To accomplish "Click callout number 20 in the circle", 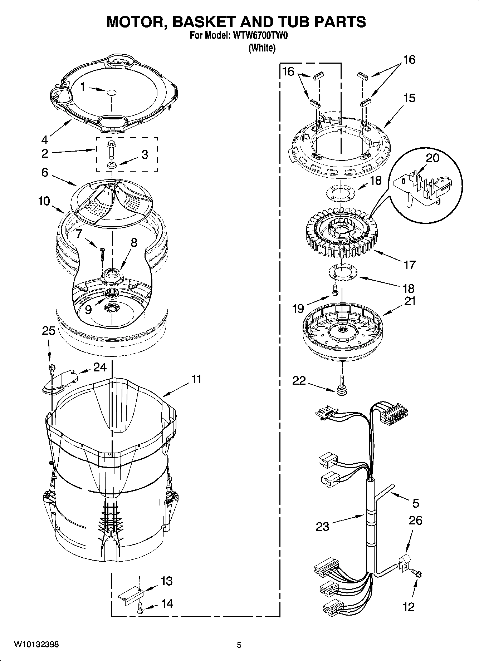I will click(x=432, y=158).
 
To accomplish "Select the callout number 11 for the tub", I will click(x=196, y=379).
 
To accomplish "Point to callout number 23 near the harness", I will click(x=322, y=526).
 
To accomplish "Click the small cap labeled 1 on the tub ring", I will click(x=111, y=92).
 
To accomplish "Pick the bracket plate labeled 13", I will click(x=131, y=594).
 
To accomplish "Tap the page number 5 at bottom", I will click(x=239, y=645).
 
